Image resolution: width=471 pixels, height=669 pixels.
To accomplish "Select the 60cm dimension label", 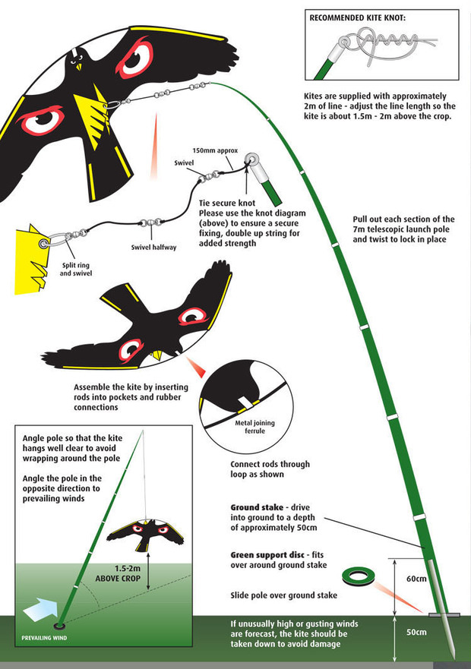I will click(416, 579).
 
